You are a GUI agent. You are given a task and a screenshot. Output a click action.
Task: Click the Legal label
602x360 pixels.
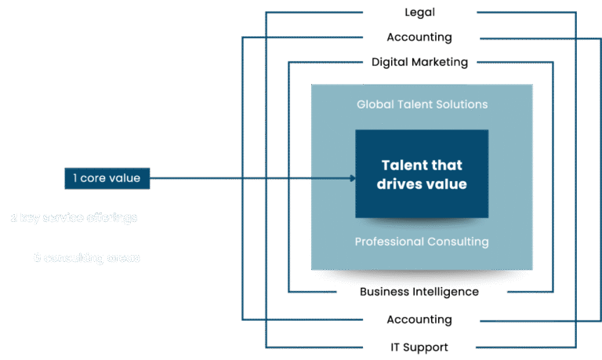(x=419, y=13)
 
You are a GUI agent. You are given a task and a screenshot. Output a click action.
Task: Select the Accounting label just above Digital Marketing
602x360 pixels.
(x=419, y=38)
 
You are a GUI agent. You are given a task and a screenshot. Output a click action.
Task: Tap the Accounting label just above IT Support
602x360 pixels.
(x=419, y=320)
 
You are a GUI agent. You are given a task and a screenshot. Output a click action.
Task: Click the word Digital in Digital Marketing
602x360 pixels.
(x=389, y=62)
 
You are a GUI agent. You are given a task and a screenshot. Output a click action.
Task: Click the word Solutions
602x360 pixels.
(x=462, y=104)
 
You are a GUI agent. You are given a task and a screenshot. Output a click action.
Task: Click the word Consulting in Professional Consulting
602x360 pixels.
(x=459, y=242)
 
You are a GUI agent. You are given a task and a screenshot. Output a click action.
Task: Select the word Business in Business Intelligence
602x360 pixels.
(x=385, y=292)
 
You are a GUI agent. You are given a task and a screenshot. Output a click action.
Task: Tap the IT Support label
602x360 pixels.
(x=419, y=347)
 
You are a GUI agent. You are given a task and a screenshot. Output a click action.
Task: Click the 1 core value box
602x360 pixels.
(x=107, y=179)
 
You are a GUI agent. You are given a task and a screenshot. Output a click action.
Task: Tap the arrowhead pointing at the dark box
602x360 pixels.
(x=352, y=179)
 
